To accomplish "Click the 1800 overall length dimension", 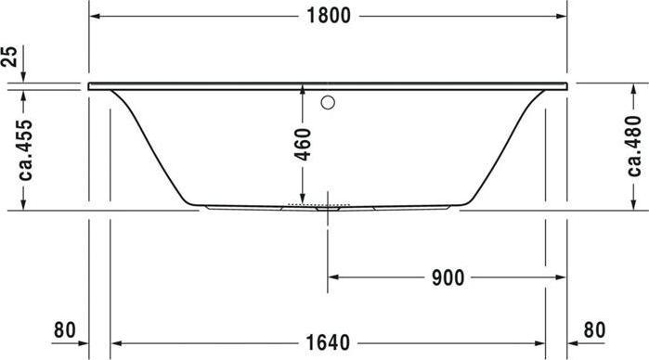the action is tap(329, 16).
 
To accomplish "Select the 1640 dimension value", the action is tap(328, 343).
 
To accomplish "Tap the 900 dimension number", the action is tap(448, 277).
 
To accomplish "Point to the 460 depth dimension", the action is tap(303, 145).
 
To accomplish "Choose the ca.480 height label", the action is tap(634, 146).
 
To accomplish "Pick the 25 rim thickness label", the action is tap(9, 57).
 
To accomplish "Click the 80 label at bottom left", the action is tap(65, 330).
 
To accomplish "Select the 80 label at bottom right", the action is tap(594, 330).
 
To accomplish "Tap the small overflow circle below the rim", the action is tap(328, 103).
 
